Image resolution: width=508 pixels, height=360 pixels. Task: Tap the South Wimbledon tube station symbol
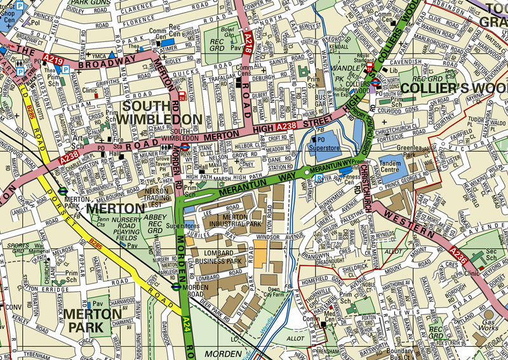184,145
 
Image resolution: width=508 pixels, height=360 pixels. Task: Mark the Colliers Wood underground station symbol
375,82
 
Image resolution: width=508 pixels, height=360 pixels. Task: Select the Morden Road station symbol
176,286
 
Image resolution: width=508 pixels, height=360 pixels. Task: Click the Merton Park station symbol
63,189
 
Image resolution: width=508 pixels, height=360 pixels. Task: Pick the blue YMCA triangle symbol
112,55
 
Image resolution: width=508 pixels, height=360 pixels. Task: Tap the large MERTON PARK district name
88,321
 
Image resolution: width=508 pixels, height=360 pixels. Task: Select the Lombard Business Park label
219,257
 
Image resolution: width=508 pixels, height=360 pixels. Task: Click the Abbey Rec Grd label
156,223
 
